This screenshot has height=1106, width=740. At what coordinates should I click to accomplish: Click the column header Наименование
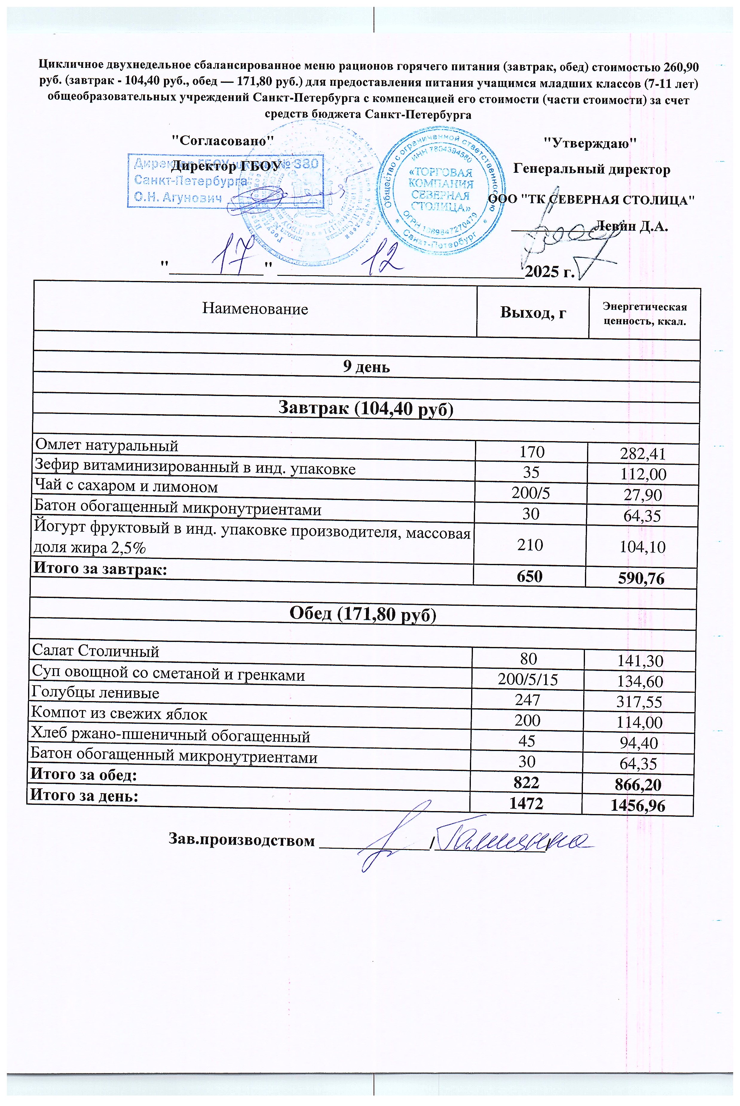tap(255, 309)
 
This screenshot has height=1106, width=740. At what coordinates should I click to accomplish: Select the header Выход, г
tap(533, 313)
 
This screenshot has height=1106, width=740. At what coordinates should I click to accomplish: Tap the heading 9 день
tap(366, 367)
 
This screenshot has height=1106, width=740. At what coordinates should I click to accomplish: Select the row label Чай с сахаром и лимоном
tap(126, 487)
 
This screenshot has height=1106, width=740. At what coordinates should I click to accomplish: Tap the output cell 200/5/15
tap(528, 679)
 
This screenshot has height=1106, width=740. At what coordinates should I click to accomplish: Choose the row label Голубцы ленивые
tap(95, 693)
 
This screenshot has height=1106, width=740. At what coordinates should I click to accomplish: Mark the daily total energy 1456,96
tap(638, 805)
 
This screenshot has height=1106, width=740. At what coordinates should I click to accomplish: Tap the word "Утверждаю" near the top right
tap(590, 143)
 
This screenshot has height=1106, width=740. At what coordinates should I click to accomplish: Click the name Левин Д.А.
tap(632, 226)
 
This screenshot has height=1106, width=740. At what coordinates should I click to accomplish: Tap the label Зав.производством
tap(242, 841)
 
